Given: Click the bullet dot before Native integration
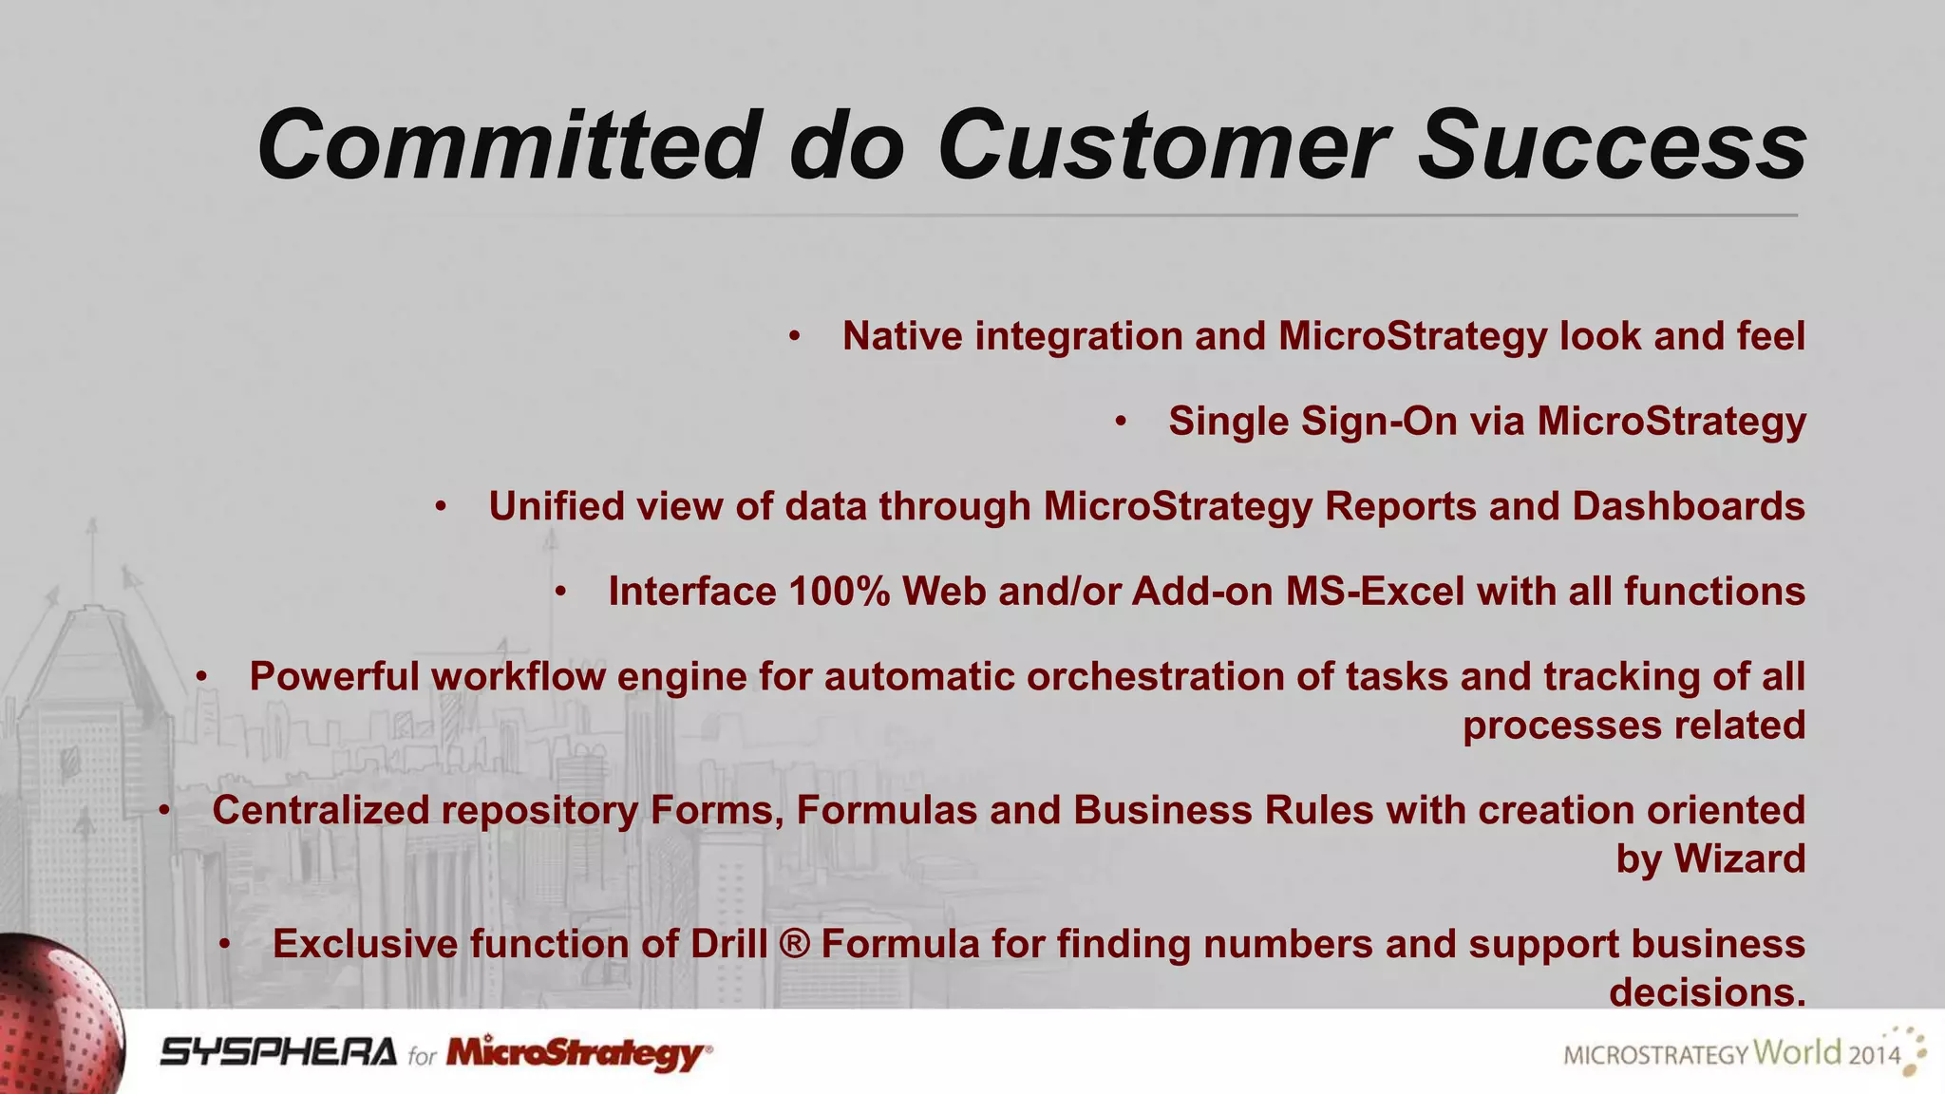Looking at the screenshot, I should (x=795, y=336).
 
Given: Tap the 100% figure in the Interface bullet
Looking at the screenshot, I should (x=839, y=592).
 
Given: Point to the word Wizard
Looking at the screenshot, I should (x=1738, y=858).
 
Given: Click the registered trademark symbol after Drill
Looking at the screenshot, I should (x=794, y=944).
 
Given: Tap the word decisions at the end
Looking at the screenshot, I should (x=1706, y=992).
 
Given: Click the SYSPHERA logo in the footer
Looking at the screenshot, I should (x=277, y=1052).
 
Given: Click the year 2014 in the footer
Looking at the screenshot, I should (x=1874, y=1055).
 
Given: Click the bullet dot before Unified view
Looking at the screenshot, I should (x=441, y=507).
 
